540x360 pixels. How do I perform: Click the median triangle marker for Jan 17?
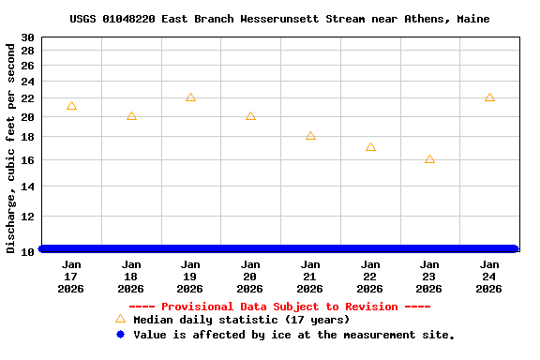click(71, 106)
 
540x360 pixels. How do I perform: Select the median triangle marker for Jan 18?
click(131, 116)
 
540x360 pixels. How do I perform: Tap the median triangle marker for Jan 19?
click(190, 97)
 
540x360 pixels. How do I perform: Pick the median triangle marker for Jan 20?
click(250, 116)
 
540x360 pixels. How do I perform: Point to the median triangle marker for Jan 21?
click(310, 136)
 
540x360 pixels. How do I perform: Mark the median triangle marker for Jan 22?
click(370, 147)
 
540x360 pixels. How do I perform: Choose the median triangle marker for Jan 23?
click(429, 159)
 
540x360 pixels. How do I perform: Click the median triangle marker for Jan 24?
click(489, 97)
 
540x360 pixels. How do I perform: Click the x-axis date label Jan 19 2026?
click(190, 277)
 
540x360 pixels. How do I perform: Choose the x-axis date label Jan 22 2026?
click(370, 277)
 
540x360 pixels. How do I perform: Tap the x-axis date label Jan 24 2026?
click(489, 277)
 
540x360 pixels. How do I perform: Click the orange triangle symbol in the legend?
click(120, 319)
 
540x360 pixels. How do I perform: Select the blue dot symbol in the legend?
click(120, 335)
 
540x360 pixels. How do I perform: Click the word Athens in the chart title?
click(436, 19)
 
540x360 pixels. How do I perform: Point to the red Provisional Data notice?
click(279, 307)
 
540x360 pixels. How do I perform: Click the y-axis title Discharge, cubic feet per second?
click(11, 148)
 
